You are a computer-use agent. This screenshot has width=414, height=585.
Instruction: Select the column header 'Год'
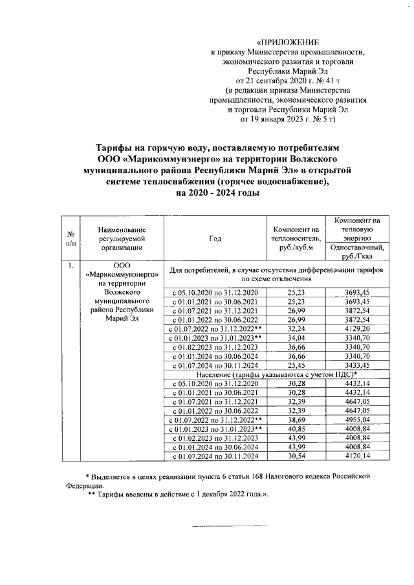coord(215,239)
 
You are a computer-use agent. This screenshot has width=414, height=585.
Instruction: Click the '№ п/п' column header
coord(70,239)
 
